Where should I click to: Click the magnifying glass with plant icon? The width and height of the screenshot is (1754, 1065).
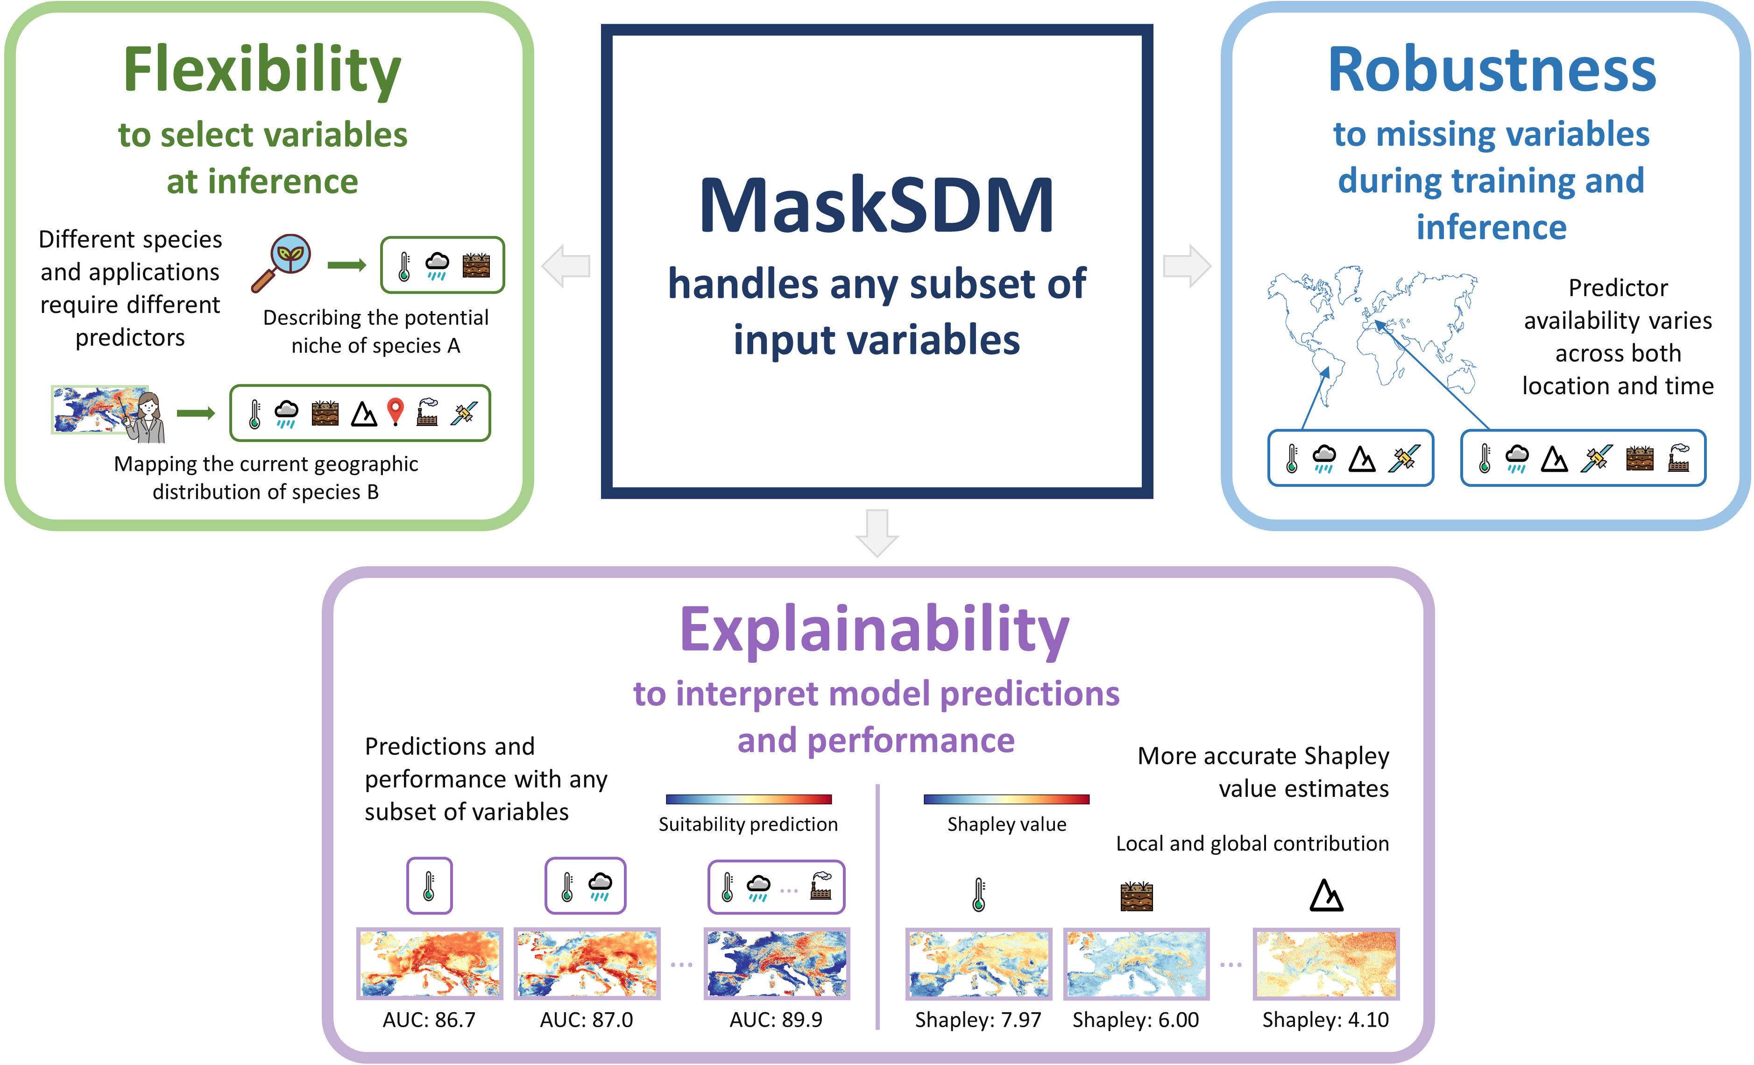(282, 263)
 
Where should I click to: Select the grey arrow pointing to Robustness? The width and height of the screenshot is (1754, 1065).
(1187, 266)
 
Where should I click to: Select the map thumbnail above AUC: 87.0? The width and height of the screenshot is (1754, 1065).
(587, 963)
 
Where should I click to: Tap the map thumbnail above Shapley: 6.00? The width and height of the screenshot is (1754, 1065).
(1136, 963)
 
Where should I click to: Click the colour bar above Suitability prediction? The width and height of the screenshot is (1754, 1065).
(749, 799)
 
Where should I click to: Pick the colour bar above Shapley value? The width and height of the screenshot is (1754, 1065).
(1006, 799)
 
